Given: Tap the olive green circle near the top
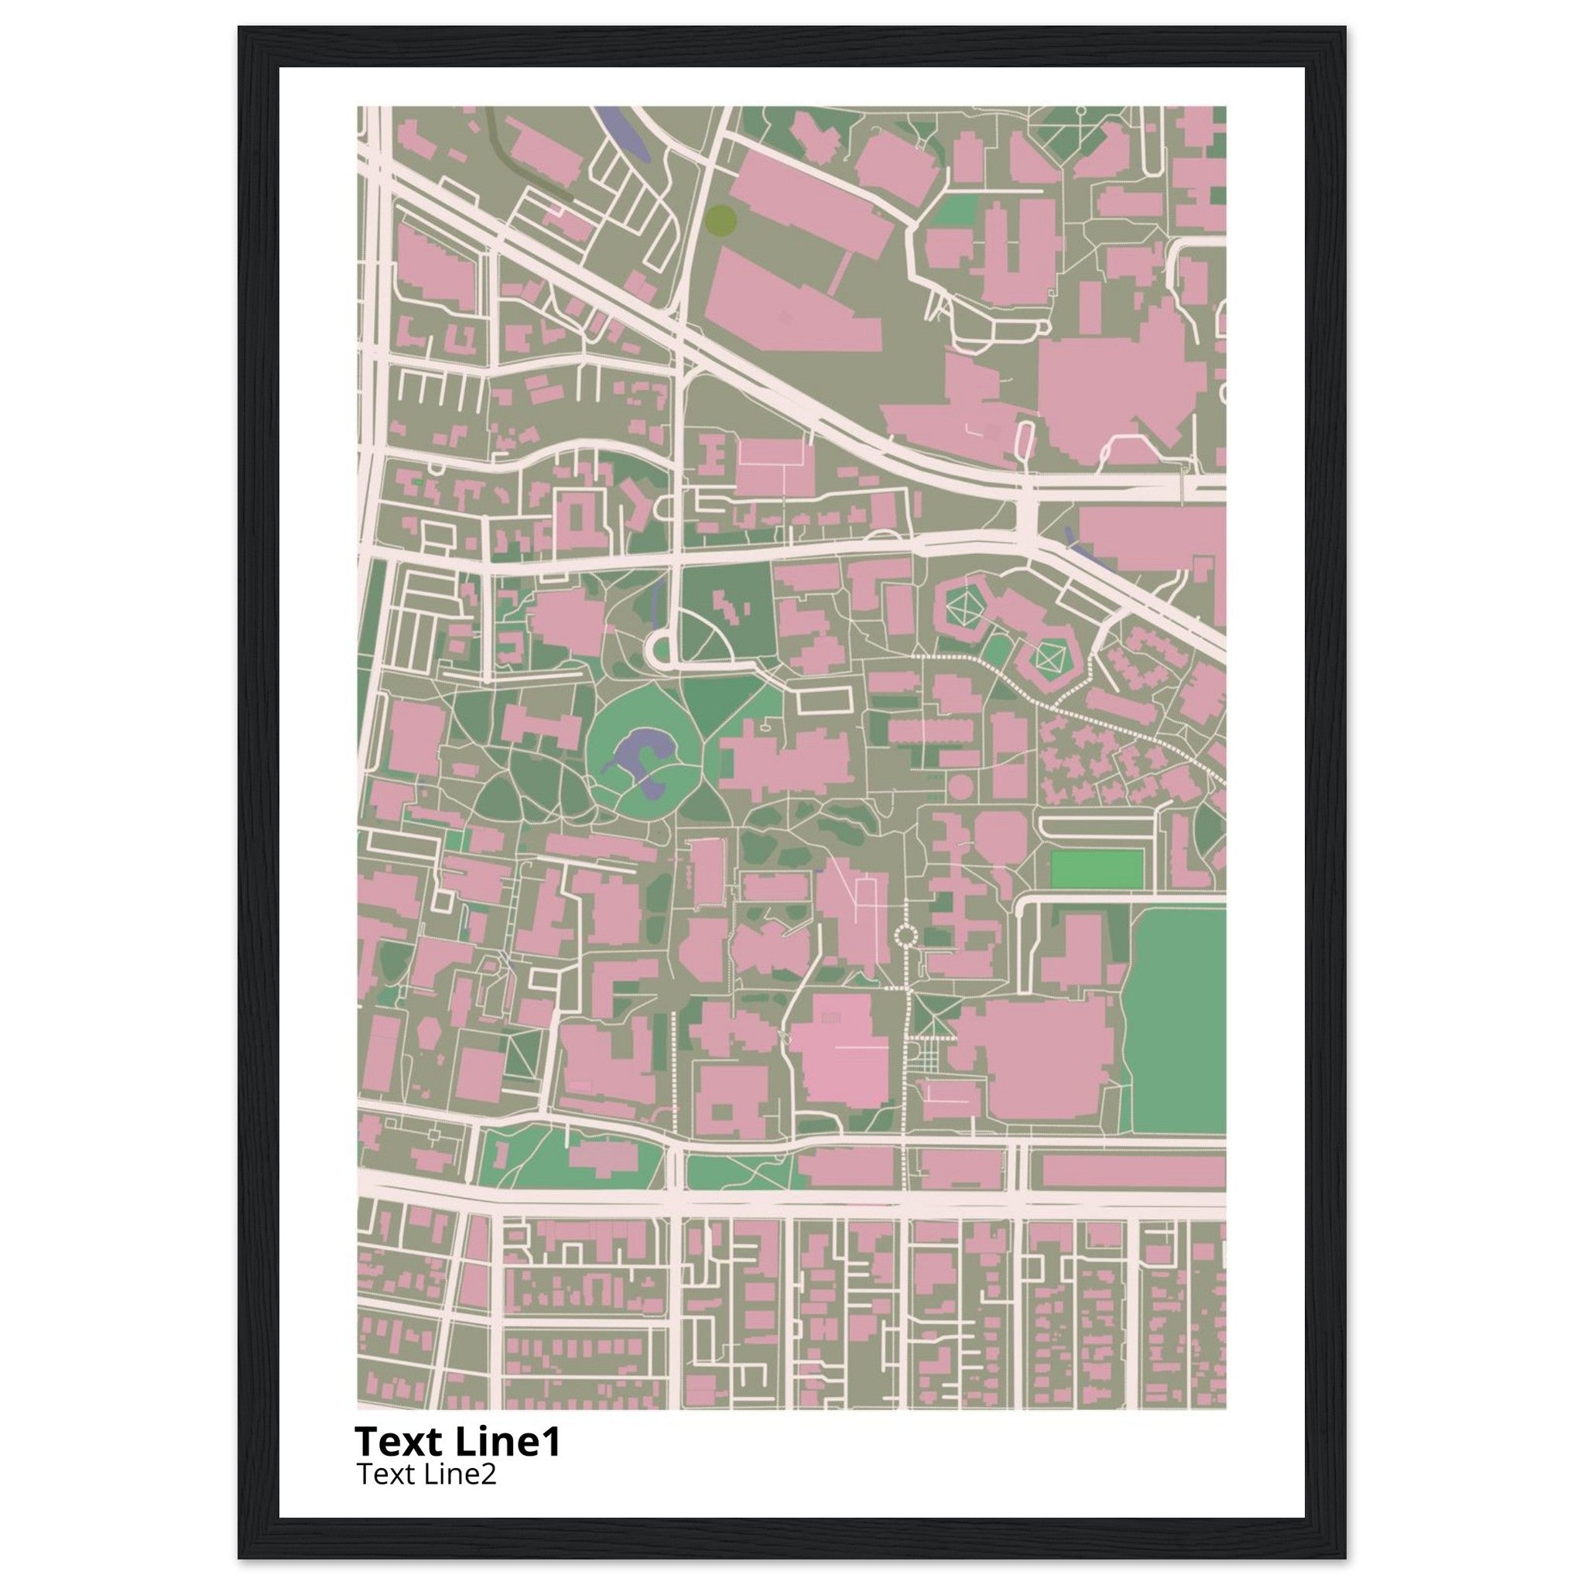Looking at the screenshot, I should coord(721,220).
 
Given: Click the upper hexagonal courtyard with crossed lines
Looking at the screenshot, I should coord(965,608).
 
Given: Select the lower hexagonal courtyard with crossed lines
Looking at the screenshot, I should coord(1047,657).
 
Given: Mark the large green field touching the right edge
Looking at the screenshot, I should coord(1179,1017).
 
